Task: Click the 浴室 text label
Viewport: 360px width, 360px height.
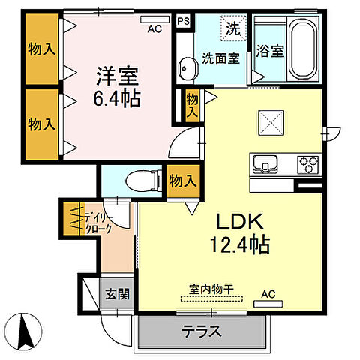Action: point(271,52)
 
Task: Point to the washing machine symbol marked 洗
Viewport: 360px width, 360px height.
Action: point(232,31)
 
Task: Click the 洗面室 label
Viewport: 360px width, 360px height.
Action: point(220,58)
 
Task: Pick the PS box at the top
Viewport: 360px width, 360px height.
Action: point(183,22)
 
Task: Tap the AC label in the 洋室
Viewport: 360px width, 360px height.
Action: point(154,29)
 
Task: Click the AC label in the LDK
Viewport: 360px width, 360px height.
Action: point(268,295)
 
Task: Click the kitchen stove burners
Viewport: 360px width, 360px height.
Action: point(308,163)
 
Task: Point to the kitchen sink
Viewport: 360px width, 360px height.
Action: point(265,163)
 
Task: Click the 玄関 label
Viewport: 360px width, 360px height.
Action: point(116,293)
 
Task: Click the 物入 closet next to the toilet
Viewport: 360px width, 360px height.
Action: point(182,181)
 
